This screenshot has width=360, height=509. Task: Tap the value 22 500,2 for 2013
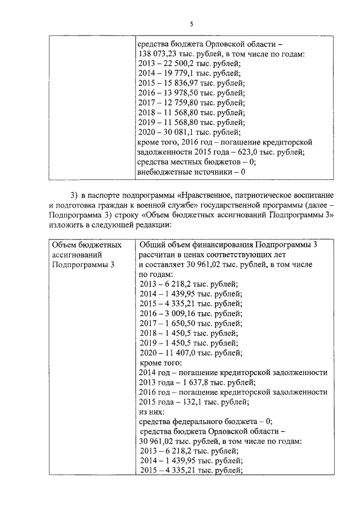[178, 64]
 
